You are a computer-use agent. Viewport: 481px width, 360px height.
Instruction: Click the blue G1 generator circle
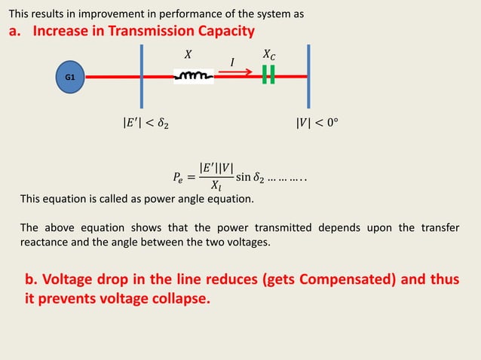[x=69, y=77]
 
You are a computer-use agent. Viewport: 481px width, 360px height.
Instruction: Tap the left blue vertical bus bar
[x=142, y=75]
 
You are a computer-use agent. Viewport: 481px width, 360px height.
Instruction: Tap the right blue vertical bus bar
[x=308, y=75]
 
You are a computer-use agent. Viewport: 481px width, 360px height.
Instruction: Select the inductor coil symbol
[x=195, y=75]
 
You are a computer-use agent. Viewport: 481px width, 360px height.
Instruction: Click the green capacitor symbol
[x=268, y=75]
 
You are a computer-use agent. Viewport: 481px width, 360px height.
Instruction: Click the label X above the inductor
[x=188, y=54]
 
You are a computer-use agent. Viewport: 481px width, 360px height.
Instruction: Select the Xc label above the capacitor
[x=269, y=55]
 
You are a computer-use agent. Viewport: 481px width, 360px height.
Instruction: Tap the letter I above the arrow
[x=232, y=62]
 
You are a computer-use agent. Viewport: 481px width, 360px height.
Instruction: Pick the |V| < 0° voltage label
[x=317, y=121]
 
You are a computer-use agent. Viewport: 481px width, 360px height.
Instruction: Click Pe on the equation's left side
[x=178, y=178]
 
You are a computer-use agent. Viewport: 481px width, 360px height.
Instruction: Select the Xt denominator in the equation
[x=216, y=188]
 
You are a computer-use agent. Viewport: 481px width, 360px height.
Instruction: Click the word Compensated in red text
[x=346, y=280]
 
